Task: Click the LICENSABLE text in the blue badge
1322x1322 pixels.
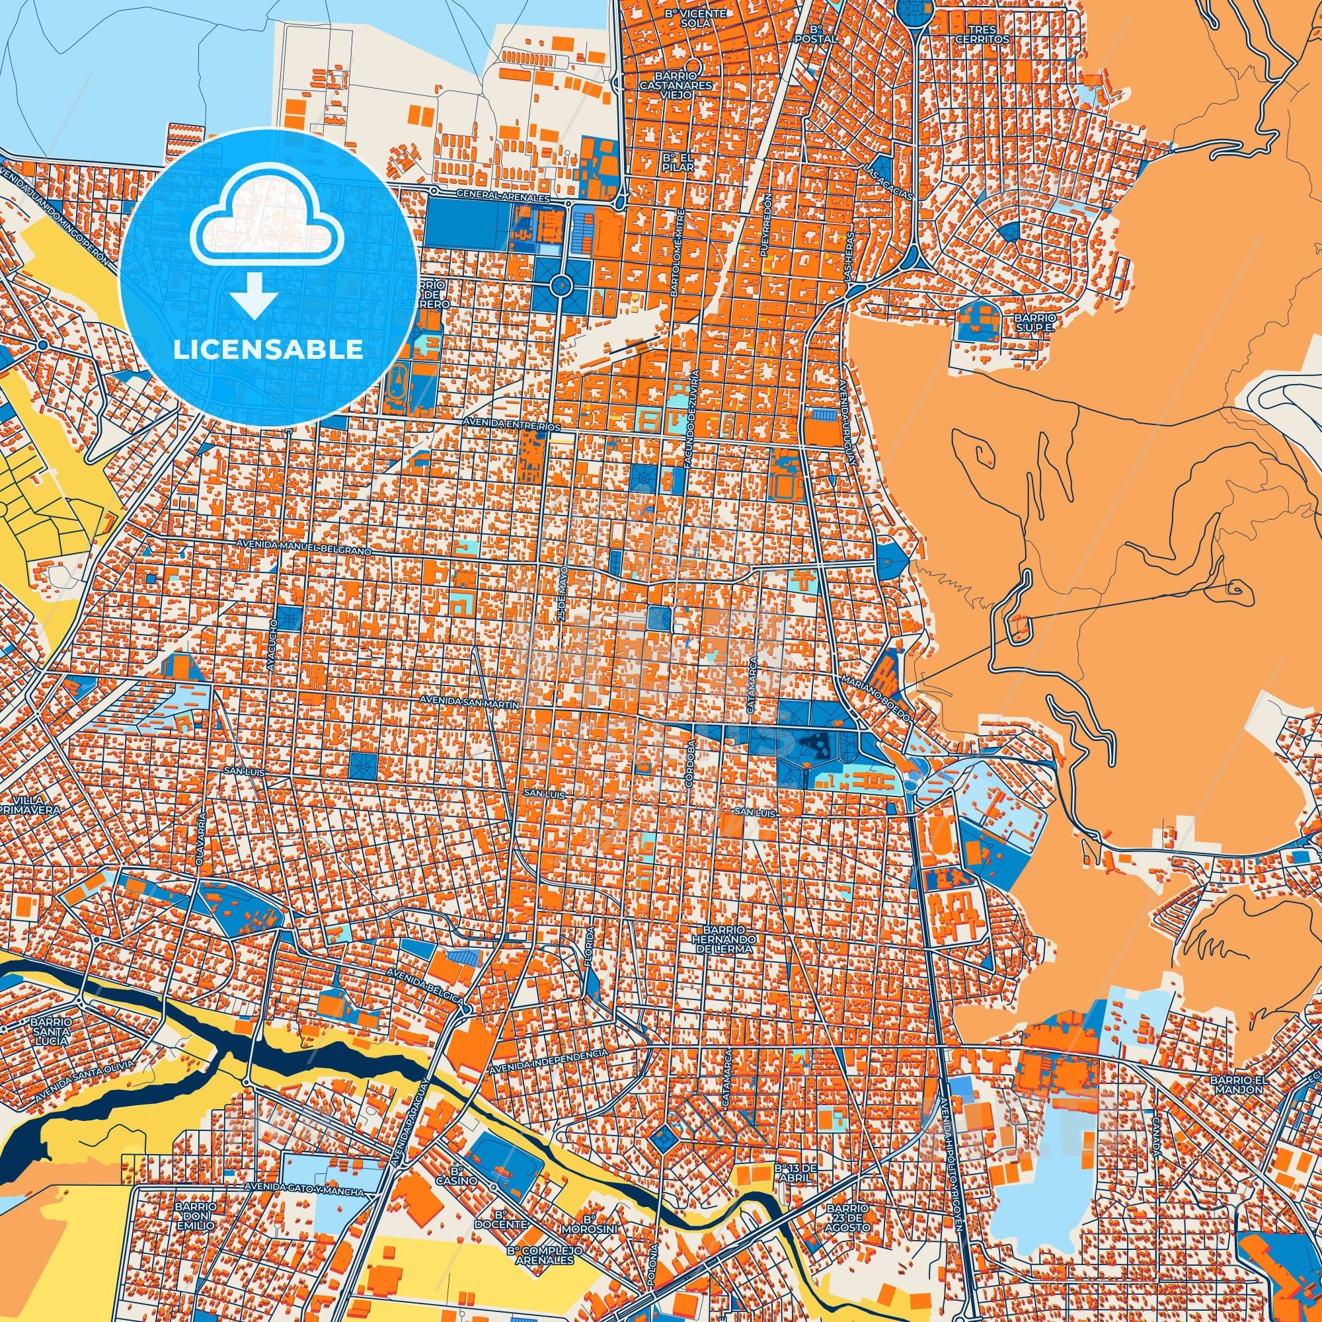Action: click(268, 350)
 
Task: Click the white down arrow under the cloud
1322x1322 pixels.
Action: click(253, 294)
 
